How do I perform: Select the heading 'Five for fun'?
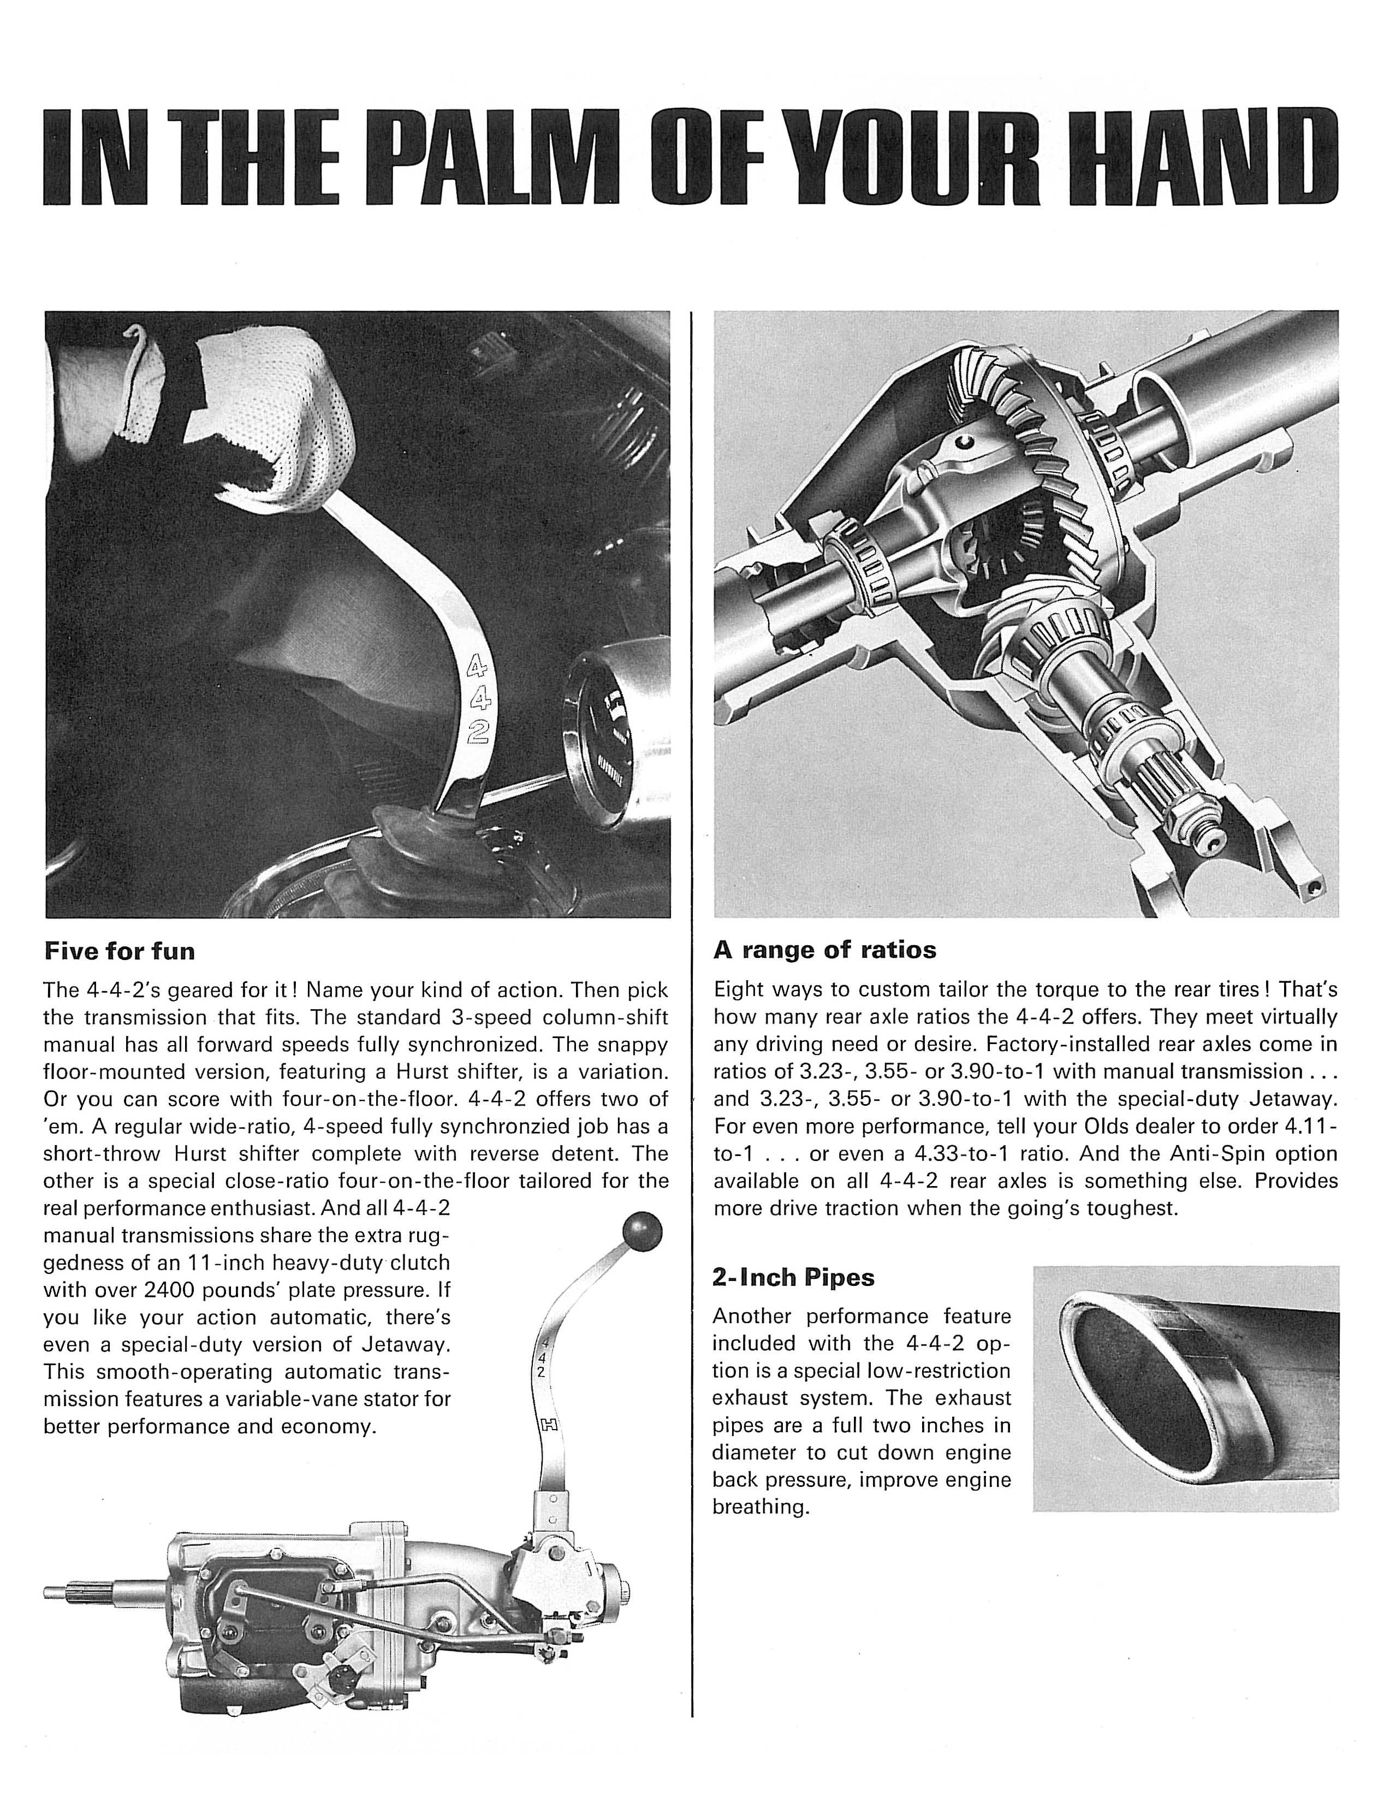(x=120, y=952)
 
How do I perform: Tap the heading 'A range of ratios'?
(x=824, y=950)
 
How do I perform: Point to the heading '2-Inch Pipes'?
(x=793, y=1277)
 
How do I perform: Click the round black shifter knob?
(x=643, y=1232)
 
